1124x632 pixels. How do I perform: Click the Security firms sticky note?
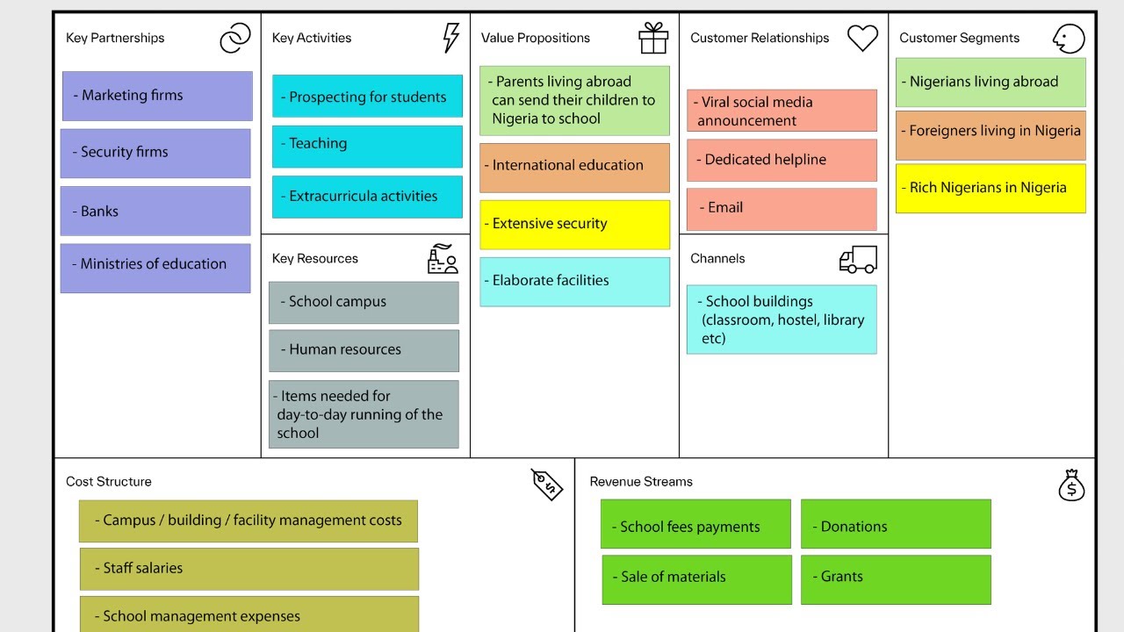click(155, 153)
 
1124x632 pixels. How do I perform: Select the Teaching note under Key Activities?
click(367, 146)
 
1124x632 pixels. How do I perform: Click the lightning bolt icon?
click(450, 38)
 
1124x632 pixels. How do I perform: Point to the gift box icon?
click(653, 38)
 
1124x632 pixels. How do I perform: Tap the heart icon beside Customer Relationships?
click(862, 37)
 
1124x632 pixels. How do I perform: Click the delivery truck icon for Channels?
click(858, 259)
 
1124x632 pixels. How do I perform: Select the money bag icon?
click(1071, 485)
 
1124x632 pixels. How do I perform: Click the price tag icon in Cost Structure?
click(546, 484)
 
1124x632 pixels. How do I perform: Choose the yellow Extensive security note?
click(574, 224)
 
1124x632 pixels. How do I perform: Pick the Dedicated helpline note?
click(782, 160)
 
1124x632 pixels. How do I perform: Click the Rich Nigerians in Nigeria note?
click(991, 188)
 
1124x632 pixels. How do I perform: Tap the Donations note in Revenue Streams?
click(896, 524)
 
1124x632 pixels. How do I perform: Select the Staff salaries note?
click(249, 569)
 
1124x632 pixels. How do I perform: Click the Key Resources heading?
click(315, 259)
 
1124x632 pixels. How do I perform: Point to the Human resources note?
click(364, 350)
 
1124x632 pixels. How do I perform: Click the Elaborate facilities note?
click(574, 281)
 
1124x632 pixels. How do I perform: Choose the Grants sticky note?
click(896, 578)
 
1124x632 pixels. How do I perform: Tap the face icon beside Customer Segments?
click(1069, 38)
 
